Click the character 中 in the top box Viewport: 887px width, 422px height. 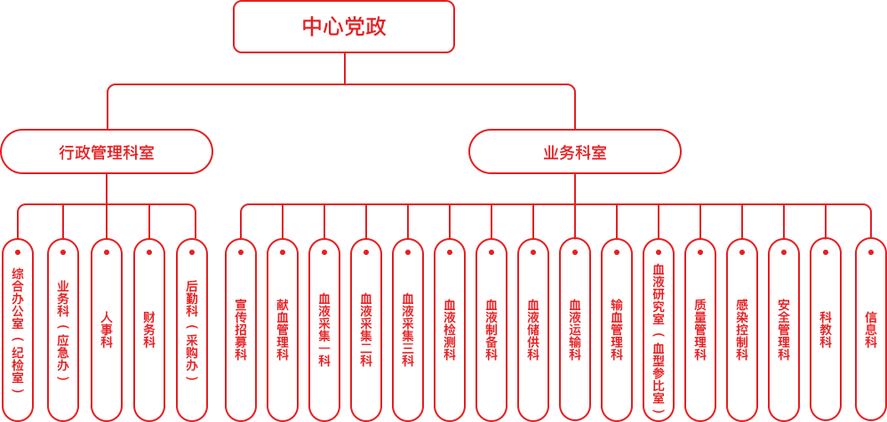[x=314, y=28]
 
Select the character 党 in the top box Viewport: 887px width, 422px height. [x=354, y=28]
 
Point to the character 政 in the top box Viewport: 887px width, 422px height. [x=372, y=28]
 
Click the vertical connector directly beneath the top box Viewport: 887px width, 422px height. [x=344, y=68]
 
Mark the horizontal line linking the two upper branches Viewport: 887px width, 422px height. [x=344, y=84]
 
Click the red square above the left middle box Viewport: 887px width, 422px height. [x=143, y=105]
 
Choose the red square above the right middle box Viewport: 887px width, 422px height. [x=538, y=105]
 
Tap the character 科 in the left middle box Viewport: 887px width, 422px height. [x=130, y=152]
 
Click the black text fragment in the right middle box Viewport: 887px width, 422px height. [x=584, y=152]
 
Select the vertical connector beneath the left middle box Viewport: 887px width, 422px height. [x=107, y=188]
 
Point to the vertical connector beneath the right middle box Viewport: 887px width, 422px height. [x=574, y=188]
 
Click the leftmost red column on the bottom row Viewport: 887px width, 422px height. [x=18, y=346]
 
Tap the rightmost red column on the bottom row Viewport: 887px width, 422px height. [x=871, y=346]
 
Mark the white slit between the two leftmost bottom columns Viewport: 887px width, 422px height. [x=40, y=346]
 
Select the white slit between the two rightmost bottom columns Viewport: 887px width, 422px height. [x=848, y=346]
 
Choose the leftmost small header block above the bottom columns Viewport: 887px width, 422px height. [x=53, y=219]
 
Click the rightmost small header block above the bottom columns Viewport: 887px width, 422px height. [x=834, y=219]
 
